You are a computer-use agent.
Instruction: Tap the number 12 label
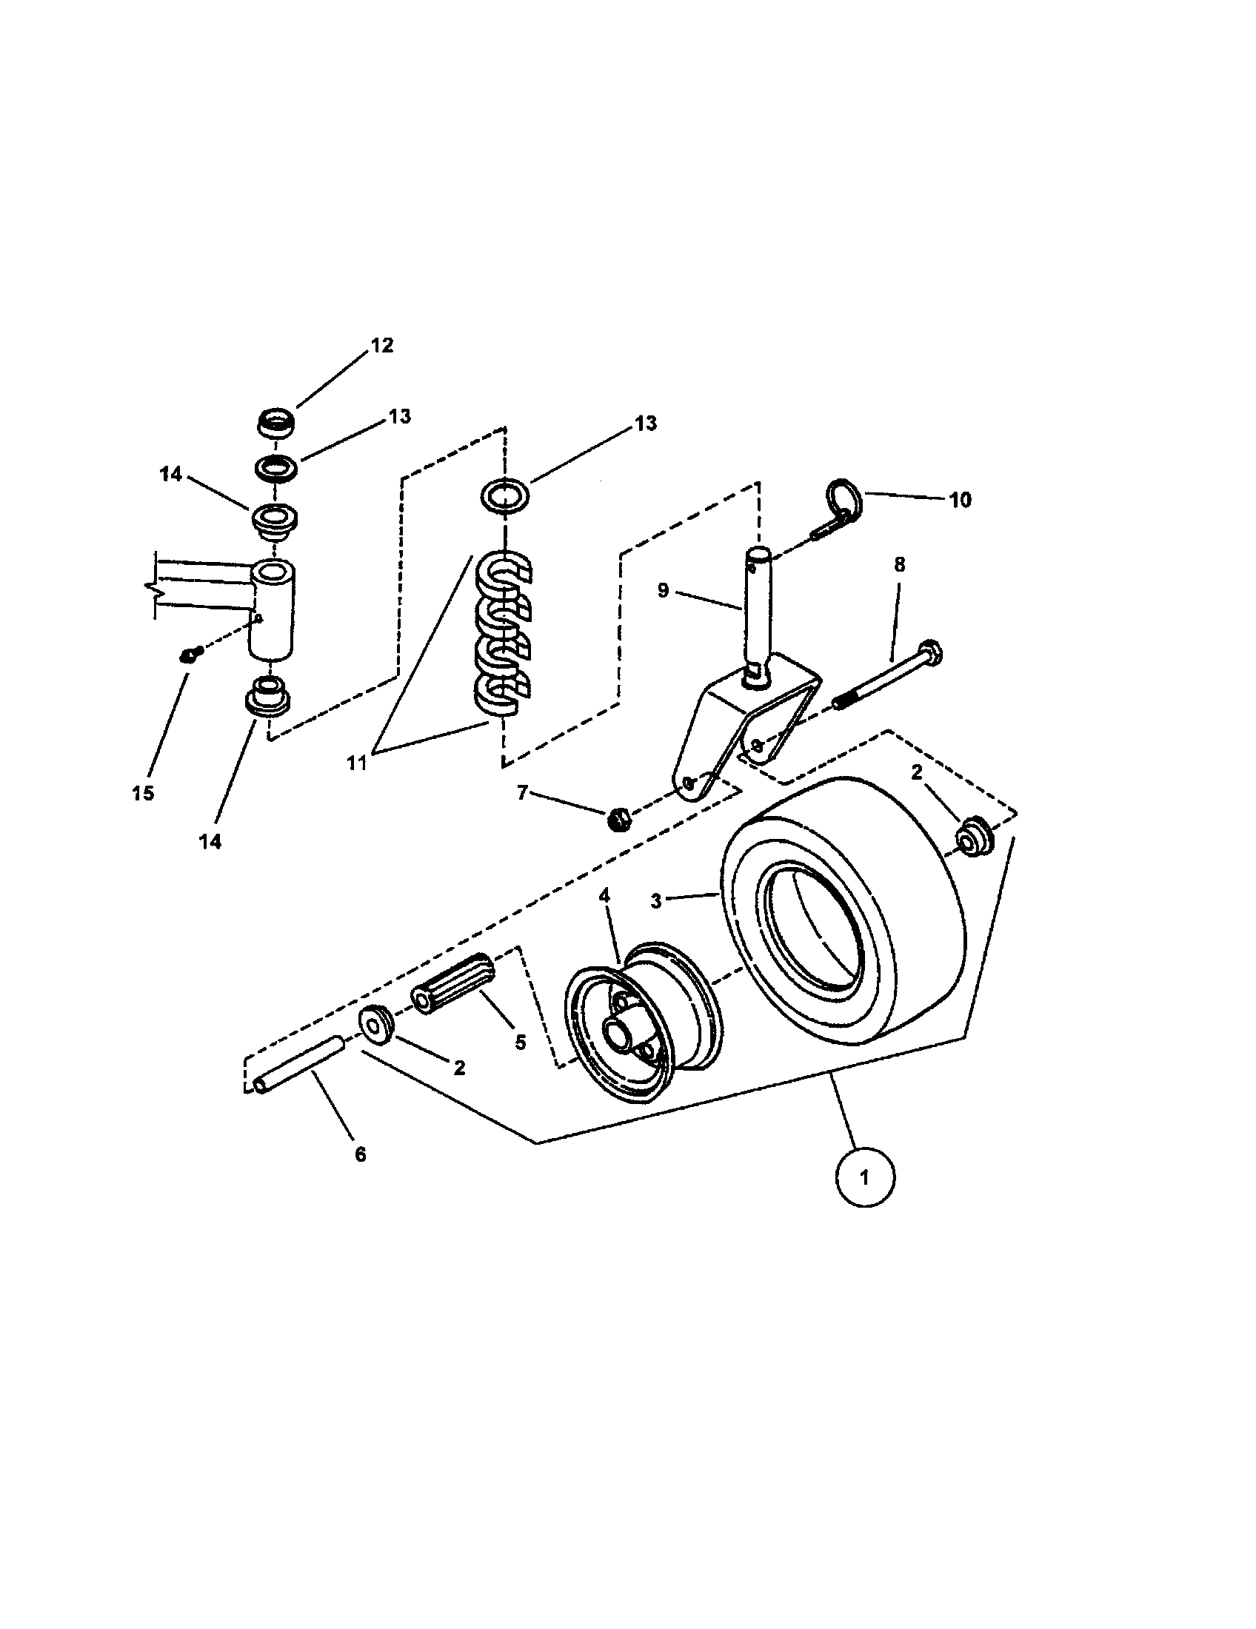(x=381, y=346)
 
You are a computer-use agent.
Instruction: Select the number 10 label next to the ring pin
(x=961, y=500)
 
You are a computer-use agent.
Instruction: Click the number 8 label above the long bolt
(x=900, y=565)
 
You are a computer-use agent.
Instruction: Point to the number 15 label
(x=143, y=793)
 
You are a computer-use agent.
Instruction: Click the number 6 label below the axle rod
(x=360, y=1154)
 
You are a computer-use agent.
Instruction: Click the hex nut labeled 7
(x=616, y=820)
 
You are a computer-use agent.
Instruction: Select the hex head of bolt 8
(x=931, y=650)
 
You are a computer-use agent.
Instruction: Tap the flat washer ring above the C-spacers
(x=505, y=494)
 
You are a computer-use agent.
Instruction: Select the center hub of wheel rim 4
(x=618, y=1034)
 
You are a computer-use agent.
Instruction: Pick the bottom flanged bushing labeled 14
(x=268, y=698)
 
